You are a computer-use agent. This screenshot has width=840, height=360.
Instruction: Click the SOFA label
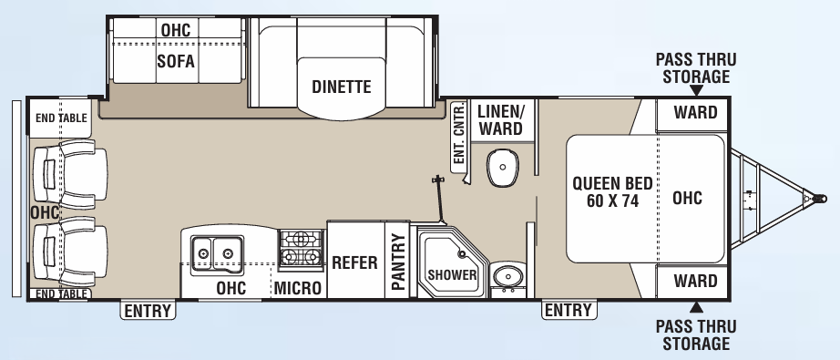(176, 61)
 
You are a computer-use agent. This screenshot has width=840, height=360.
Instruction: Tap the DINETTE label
(341, 87)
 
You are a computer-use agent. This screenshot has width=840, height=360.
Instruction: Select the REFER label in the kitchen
(354, 262)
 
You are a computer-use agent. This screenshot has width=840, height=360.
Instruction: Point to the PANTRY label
(397, 262)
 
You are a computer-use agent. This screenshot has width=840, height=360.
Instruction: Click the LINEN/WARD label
(500, 118)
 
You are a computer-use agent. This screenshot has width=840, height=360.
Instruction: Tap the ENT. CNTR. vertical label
(459, 133)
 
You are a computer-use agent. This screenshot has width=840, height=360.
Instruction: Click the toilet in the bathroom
(500, 166)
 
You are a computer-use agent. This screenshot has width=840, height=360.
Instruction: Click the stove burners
(301, 250)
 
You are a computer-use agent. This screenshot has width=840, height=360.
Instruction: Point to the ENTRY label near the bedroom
(568, 311)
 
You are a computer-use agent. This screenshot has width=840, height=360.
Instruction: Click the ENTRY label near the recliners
(148, 311)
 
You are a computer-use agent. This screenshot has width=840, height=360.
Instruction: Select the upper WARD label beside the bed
(695, 113)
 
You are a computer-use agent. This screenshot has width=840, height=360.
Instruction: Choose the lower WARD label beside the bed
(695, 281)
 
